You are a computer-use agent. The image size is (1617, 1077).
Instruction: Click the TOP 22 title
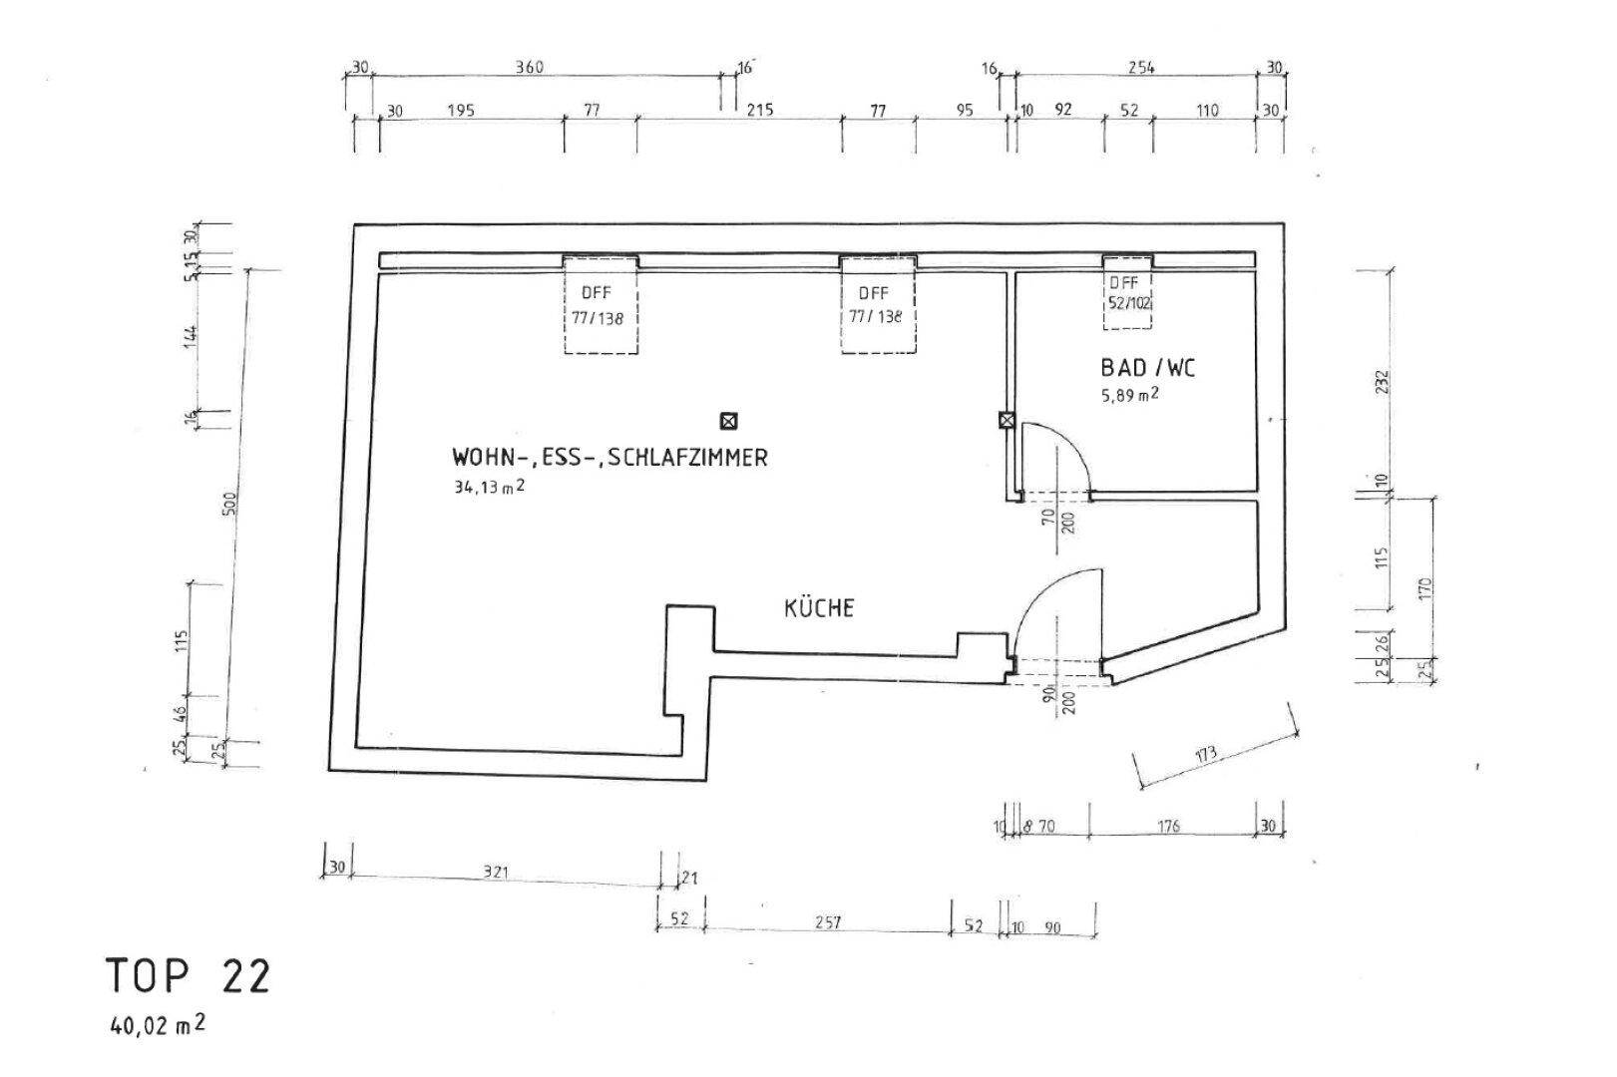189,976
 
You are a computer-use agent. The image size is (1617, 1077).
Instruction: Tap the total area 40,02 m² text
158,1024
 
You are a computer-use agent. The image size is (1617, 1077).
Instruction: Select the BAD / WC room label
1147,368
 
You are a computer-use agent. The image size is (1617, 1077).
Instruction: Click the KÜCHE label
819,607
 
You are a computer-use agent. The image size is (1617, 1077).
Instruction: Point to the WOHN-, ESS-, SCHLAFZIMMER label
609,458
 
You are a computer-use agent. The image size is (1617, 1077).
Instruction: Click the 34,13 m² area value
489,487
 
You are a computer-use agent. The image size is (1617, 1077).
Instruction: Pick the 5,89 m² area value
1129,395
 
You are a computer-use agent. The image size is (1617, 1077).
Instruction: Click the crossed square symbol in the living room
729,421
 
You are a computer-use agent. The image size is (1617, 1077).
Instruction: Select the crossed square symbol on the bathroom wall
1007,421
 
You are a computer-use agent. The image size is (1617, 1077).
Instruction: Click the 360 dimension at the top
529,67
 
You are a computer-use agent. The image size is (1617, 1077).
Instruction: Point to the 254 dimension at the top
1141,68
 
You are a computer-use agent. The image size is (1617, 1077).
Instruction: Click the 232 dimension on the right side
1383,383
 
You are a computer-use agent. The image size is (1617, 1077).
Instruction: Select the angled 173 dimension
1205,754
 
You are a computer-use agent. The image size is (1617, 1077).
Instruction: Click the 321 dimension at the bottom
496,873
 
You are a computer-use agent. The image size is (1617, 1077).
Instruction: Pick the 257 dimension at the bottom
827,922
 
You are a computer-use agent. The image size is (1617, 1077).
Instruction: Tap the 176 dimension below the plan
1168,826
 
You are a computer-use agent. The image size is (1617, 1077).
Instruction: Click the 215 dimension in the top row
760,110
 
